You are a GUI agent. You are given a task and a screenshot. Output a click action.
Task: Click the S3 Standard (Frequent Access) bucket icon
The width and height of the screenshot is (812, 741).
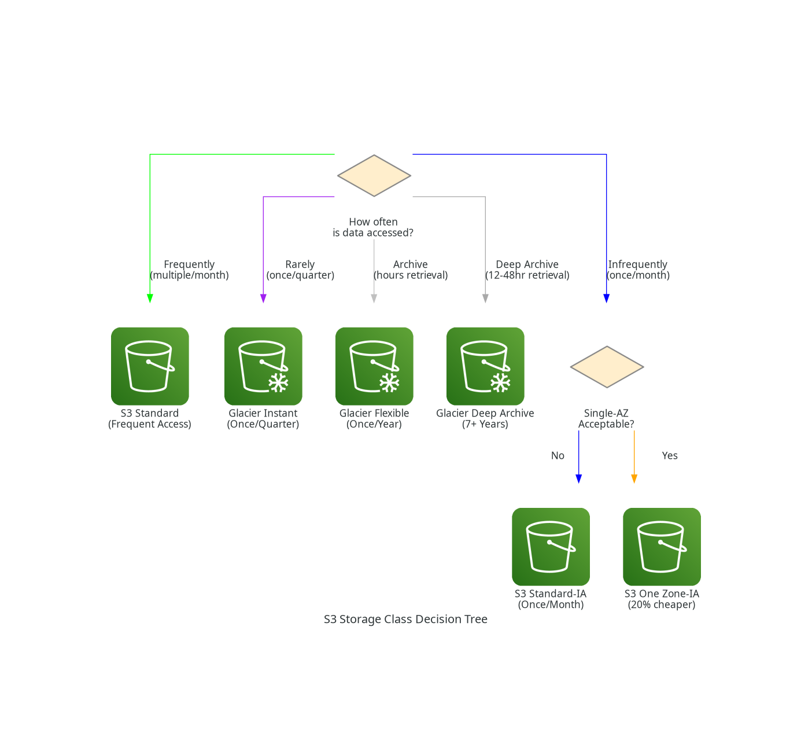pos(150,366)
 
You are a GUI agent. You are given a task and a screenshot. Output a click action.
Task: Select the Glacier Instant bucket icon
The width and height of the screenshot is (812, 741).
pos(263,366)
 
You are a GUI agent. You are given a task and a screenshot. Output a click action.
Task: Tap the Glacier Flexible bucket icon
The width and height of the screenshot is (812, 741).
pos(374,366)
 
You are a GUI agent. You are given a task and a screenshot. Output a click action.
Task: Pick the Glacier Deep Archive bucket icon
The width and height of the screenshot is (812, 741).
pos(485,366)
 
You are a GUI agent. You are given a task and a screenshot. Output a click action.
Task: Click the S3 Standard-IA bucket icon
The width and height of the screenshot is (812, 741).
pos(551,547)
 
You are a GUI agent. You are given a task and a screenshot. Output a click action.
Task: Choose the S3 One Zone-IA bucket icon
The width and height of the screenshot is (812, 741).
pos(662,547)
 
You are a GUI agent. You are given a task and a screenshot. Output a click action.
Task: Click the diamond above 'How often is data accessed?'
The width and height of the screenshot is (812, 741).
pos(374,175)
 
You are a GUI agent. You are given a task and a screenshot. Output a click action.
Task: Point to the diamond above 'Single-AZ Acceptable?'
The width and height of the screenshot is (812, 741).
pos(607,367)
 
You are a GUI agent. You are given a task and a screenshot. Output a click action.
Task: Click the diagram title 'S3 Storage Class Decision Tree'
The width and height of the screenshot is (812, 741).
pos(405,619)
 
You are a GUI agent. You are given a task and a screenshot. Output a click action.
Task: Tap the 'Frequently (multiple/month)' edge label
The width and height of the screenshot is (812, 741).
pos(189,270)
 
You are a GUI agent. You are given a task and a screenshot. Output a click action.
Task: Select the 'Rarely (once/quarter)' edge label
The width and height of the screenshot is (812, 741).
pos(300,270)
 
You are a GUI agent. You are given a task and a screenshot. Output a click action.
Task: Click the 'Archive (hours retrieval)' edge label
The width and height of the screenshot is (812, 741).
pos(411,270)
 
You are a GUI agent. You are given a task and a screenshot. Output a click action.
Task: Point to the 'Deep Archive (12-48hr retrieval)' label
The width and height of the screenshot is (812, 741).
pos(527,270)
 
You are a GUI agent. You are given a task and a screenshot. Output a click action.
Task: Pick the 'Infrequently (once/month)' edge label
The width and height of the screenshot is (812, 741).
pos(638,270)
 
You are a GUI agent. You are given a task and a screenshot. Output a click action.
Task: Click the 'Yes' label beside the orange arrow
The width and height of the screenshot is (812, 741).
pos(670,456)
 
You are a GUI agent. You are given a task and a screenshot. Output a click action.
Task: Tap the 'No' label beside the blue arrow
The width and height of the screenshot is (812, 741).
pos(558,456)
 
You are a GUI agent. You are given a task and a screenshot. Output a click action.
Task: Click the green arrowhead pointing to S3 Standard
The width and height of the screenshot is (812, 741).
pos(150,298)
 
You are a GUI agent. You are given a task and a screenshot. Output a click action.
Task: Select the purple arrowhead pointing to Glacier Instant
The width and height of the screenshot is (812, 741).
pos(263,298)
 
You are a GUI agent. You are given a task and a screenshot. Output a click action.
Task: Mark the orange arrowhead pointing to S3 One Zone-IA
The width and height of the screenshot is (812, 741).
pos(634,478)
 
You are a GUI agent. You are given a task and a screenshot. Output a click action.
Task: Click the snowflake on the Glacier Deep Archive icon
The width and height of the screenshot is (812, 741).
pos(500,382)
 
